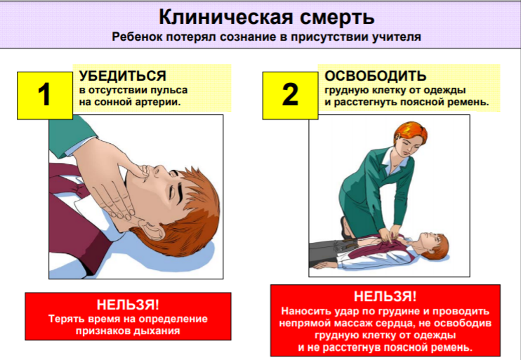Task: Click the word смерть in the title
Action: coord(337,18)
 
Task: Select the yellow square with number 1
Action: coord(45,95)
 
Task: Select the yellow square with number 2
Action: coord(290,95)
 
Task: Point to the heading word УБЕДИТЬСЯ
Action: coord(123,76)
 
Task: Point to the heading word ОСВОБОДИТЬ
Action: coord(375,76)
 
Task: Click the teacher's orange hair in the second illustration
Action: coord(412,132)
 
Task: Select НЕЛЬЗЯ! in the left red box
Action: coord(128,305)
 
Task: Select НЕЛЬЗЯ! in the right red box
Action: coord(385,296)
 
